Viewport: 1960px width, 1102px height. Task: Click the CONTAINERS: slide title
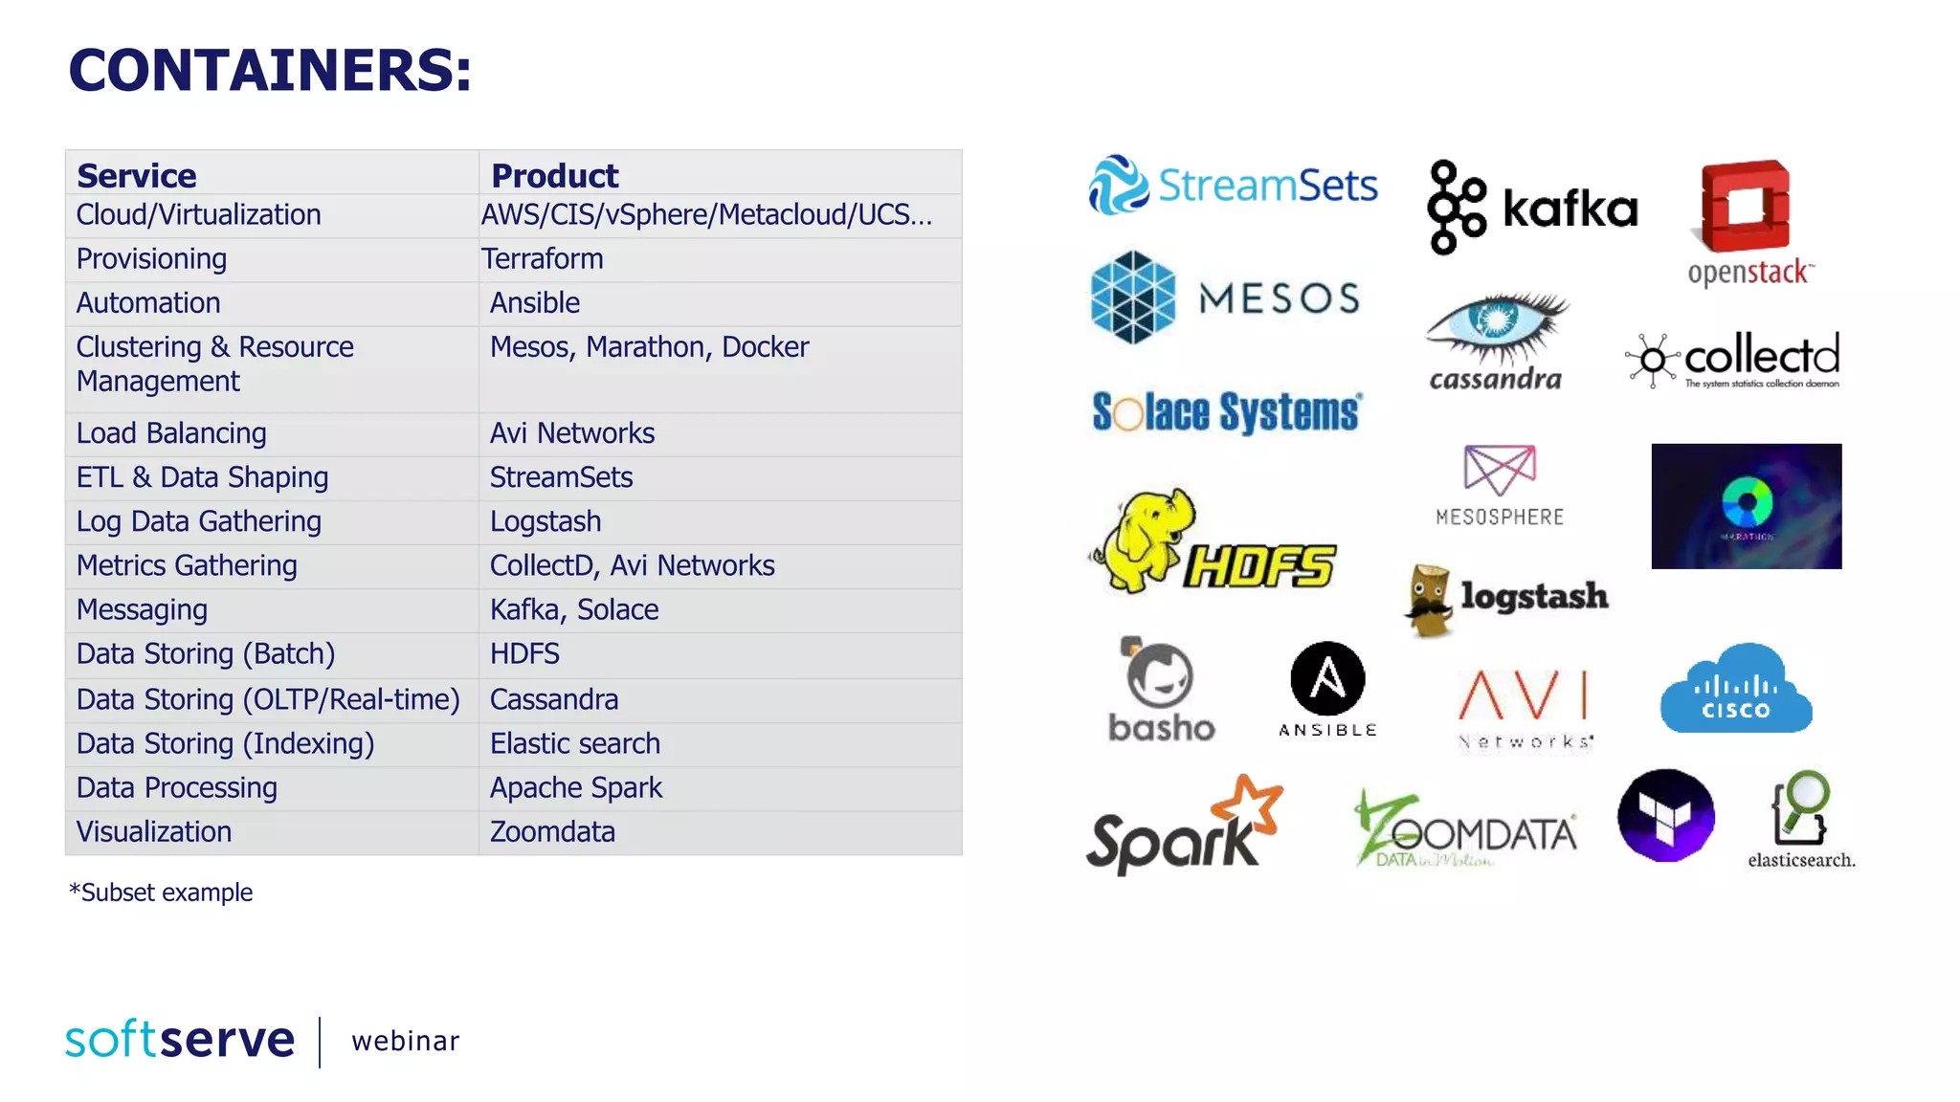click(x=270, y=71)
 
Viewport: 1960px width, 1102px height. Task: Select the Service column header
click(x=137, y=176)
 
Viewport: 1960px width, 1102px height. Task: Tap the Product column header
click(x=554, y=176)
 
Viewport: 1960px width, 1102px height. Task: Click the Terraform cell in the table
click(x=542, y=259)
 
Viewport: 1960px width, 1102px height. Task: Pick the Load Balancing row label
click(x=171, y=433)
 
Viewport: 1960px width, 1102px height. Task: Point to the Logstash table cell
click(x=546, y=521)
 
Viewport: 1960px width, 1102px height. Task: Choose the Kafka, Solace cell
click(x=574, y=609)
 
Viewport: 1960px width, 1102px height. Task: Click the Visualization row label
click(x=154, y=831)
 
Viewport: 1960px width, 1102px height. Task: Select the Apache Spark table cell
click(x=575, y=787)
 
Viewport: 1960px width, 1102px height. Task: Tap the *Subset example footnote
click(x=161, y=893)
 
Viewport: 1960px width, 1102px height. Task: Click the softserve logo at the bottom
click(x=180, y=1040)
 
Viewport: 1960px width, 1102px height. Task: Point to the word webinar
click(x=406, y=1041)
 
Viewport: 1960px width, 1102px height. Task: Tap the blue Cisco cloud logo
click(x=1735, y=689)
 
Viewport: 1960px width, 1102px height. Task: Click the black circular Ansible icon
click(x=1327, y=678)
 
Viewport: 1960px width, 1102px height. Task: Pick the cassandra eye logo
click(x=1495, y=330)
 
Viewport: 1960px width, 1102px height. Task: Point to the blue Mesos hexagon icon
click(x=1133, y=298)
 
